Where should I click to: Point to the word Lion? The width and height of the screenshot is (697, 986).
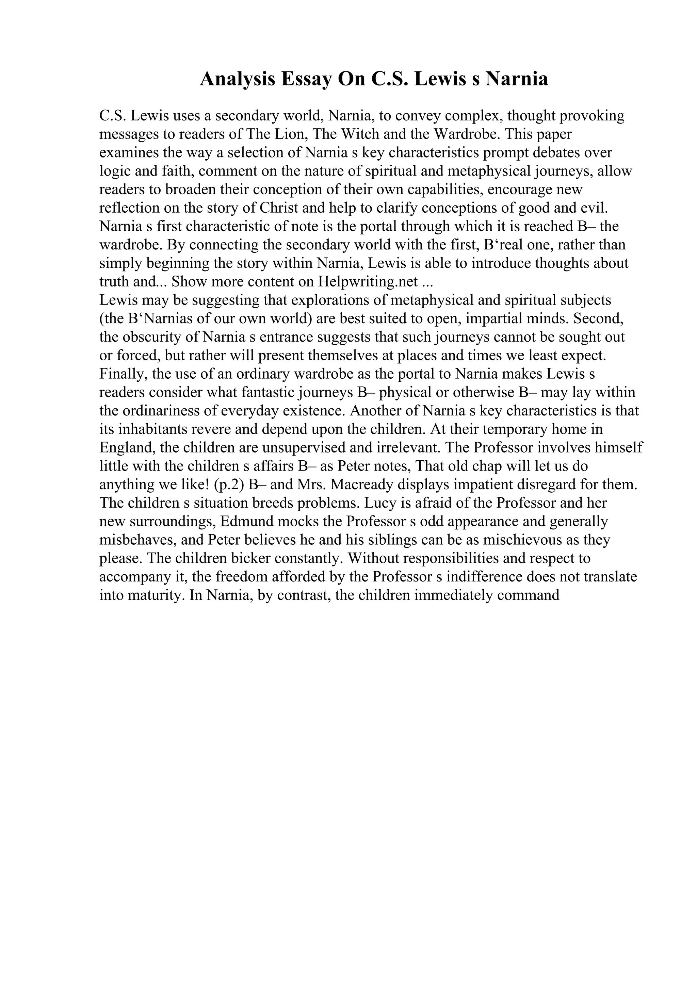click(x=289, y=134)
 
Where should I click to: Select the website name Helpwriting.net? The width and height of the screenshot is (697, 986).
click(x=368, y=282)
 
